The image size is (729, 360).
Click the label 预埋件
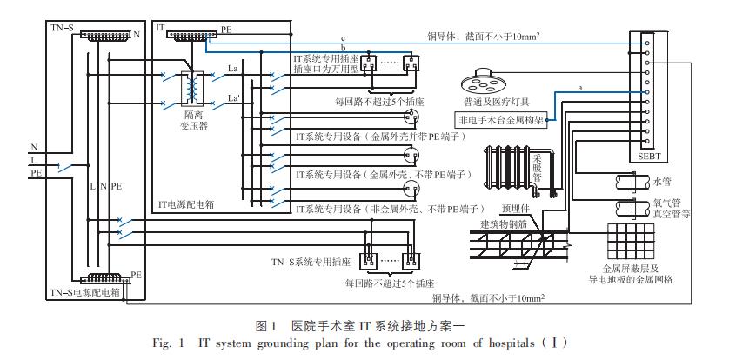(x=514, y=209)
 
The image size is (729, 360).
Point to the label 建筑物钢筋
(x=510, y=223)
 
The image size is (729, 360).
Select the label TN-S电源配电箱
(x=84, y=292)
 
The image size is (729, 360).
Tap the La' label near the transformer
(x=232, y=98)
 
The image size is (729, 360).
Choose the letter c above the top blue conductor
(x=344, y=39)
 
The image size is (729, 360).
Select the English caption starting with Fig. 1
(x=364, y=343)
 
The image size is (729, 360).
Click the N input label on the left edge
(x=33, y=146)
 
